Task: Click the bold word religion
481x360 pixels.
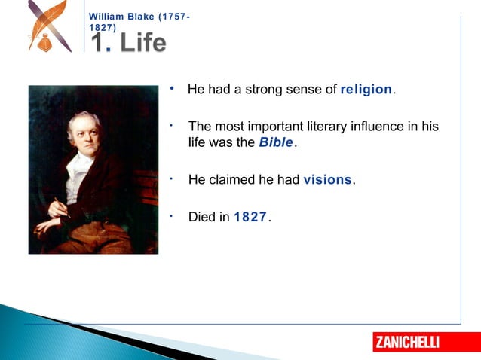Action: click(366, 90)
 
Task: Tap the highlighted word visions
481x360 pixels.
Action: click(327, 180)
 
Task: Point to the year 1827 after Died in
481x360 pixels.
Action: click(250, 217)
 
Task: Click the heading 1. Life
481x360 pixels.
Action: click(129, 42)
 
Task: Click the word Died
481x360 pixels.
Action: click(202, 217)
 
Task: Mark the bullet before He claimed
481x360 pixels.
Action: click(173, 178)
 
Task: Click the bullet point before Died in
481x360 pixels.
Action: click(173, 215)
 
